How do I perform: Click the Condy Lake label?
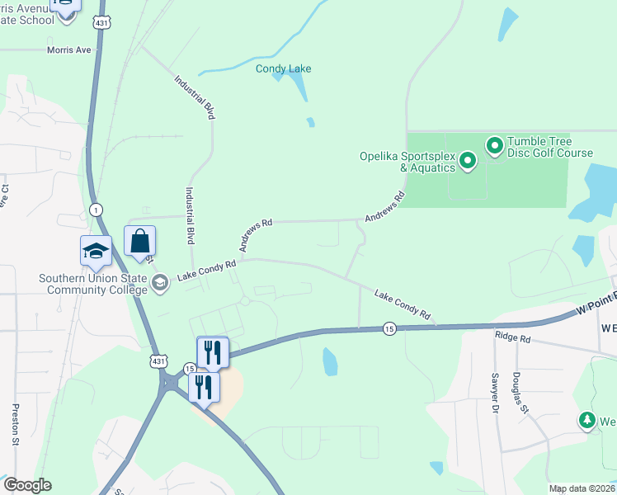click(x=283, y=68)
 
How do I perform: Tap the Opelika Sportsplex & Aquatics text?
click(x=407, y=162)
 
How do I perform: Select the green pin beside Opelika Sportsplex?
click(x=467, y=160)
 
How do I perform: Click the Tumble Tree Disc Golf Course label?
click(x=549, y=147)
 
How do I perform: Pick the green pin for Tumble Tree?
click(x=495, y=147)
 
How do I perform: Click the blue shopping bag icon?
click(x=140, y=241)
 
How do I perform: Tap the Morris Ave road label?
click(x=69, y=49)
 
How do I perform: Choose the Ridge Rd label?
click(x=512, y=337)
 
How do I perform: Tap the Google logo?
click(x=26, y=485)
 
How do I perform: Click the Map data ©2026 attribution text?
click(x=582, y=488)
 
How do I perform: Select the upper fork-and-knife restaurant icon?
click(x=212, y=352)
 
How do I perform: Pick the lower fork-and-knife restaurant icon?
click(x=204, y=387)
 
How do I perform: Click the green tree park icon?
click(x=587, y=420)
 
